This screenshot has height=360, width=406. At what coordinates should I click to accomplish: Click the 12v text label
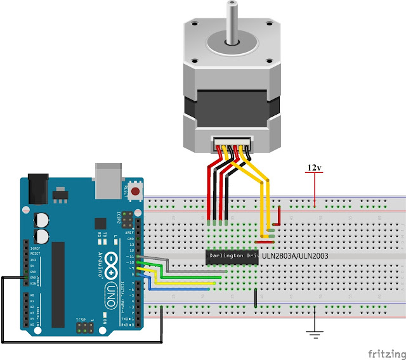(314, 167)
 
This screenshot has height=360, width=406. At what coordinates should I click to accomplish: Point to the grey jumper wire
(190, 271)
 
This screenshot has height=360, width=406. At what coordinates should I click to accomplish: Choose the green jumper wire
(190, 277)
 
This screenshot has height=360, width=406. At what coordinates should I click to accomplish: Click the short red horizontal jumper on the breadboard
(265, 241)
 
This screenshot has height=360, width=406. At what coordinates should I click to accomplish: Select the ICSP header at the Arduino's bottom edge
(84, 328)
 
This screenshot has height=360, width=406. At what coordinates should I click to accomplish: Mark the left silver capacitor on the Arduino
(41, 219)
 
